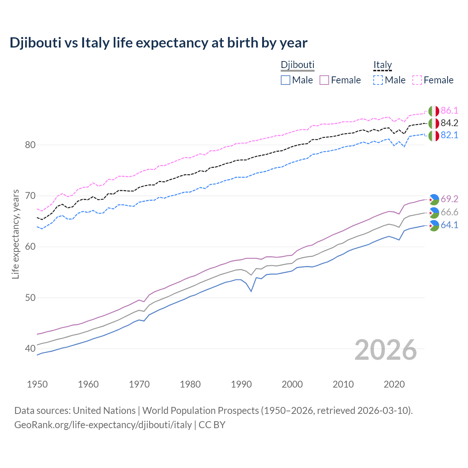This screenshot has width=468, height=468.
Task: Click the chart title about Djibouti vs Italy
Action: (x=158, y=43)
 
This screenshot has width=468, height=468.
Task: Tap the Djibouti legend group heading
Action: (x=297, y=65)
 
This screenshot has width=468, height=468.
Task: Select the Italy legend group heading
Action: (x=382, y=65)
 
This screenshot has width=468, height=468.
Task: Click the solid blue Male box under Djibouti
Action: (x=286, y=80)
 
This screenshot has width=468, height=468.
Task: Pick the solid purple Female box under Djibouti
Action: (x=324, y=80)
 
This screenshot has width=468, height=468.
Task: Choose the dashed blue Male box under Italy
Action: (x=378, y=80)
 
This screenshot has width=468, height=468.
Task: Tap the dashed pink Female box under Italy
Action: (x=417, y=80)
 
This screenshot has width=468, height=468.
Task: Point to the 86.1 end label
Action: (x=449, y=111)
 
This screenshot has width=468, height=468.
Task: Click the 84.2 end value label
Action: (x=449, y=123)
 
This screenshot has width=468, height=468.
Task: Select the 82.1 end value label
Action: (x=449, y=135)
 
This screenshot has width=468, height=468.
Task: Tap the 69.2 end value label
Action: (x=449, y=199)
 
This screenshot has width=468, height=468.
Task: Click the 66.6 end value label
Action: (x=449, y=212)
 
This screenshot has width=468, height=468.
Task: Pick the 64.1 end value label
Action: (x=449, y=225)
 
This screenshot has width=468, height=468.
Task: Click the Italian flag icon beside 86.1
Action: (x=434, y=111)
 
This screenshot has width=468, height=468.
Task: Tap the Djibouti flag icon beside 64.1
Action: (x=434, y=226)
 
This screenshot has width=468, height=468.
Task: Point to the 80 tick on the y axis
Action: (x=30, y=145)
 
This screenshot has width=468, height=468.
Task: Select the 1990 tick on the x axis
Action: (x=241, y=384)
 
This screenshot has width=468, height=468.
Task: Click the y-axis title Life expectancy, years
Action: (x=16, y=234)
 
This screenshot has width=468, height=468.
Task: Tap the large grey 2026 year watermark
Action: (x=386, y=350)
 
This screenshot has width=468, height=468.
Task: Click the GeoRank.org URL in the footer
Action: (x=103, y=425)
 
